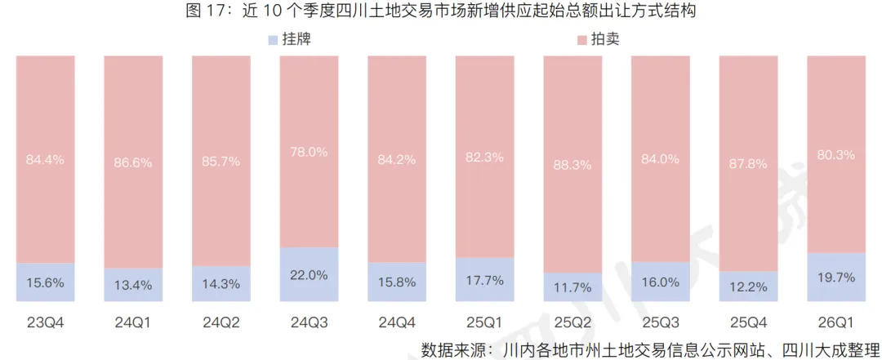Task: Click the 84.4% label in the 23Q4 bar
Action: click(46, 159)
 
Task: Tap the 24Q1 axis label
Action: click(133, 322)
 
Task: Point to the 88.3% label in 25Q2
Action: click(572, 165)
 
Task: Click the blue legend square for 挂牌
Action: click(273, 39)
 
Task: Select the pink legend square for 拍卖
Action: click(581, 39)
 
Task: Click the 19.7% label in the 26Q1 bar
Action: click(836, 278)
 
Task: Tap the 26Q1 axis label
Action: click(836, 322)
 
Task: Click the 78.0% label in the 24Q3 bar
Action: click(310, 152)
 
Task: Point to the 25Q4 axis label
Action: click(748, 322)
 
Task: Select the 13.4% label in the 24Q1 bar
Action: click(133, 284)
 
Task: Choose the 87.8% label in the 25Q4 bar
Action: click(748, 164)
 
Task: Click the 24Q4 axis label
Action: click(397, 322)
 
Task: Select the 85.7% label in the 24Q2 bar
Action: click(221, 162)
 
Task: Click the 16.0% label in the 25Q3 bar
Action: click(661, 282)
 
